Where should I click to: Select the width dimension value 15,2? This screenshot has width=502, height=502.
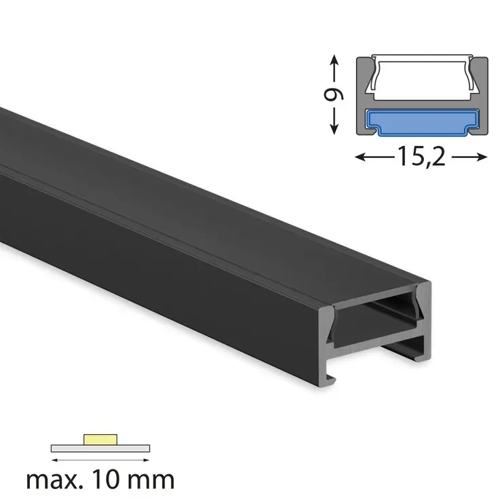click(421, 157)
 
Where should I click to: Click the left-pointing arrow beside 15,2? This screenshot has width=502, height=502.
click(373, 157)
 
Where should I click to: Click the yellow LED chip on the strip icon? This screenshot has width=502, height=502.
click(100, 439)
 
